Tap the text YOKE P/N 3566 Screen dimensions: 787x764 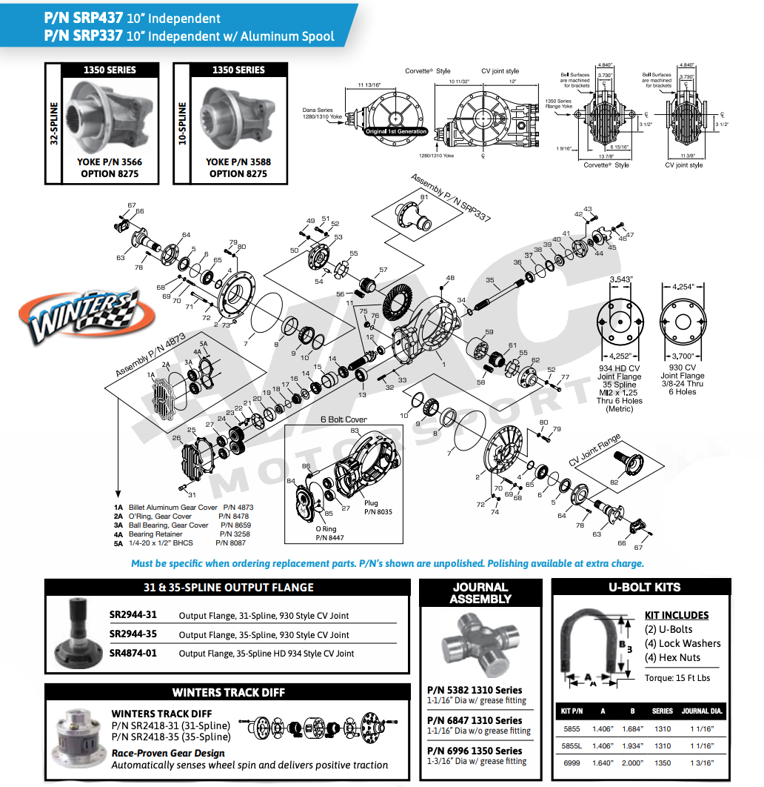point(110,162)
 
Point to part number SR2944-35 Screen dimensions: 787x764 point(133,634)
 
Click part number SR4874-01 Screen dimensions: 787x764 point(133,653)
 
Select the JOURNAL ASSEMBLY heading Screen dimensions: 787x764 point(480,593)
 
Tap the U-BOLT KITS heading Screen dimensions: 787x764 point(644,587)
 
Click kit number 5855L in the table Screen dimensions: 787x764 point(571,746)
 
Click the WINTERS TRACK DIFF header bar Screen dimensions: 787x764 point(228,692)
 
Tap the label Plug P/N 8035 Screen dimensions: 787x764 point(378,507)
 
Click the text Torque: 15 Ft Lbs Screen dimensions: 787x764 point(677,677)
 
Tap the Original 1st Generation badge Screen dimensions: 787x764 point(396,131)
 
